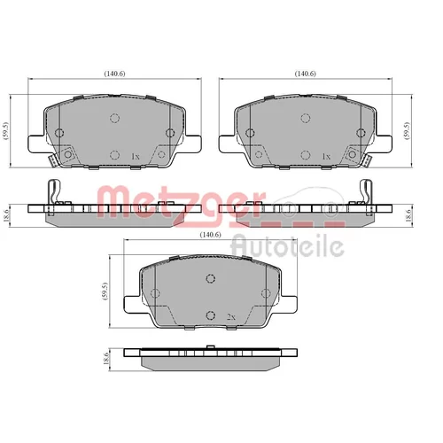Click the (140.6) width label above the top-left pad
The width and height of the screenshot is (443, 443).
coord(114,74)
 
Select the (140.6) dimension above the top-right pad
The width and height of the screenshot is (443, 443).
coord(306,74)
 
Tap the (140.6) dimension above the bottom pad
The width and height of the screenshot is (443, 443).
coord(210,235)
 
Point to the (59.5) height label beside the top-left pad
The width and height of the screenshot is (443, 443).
coord(7,130)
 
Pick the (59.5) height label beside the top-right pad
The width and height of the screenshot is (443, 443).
coord(408,130)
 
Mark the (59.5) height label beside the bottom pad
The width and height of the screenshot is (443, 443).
coord(106,291)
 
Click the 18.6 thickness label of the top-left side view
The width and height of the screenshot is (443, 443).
coord(7,214)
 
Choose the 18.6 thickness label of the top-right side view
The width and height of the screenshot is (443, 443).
coord(408,215)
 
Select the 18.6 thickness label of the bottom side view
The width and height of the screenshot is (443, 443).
coord(106,358)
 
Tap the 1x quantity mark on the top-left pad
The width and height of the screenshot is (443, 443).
coord(136,157)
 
